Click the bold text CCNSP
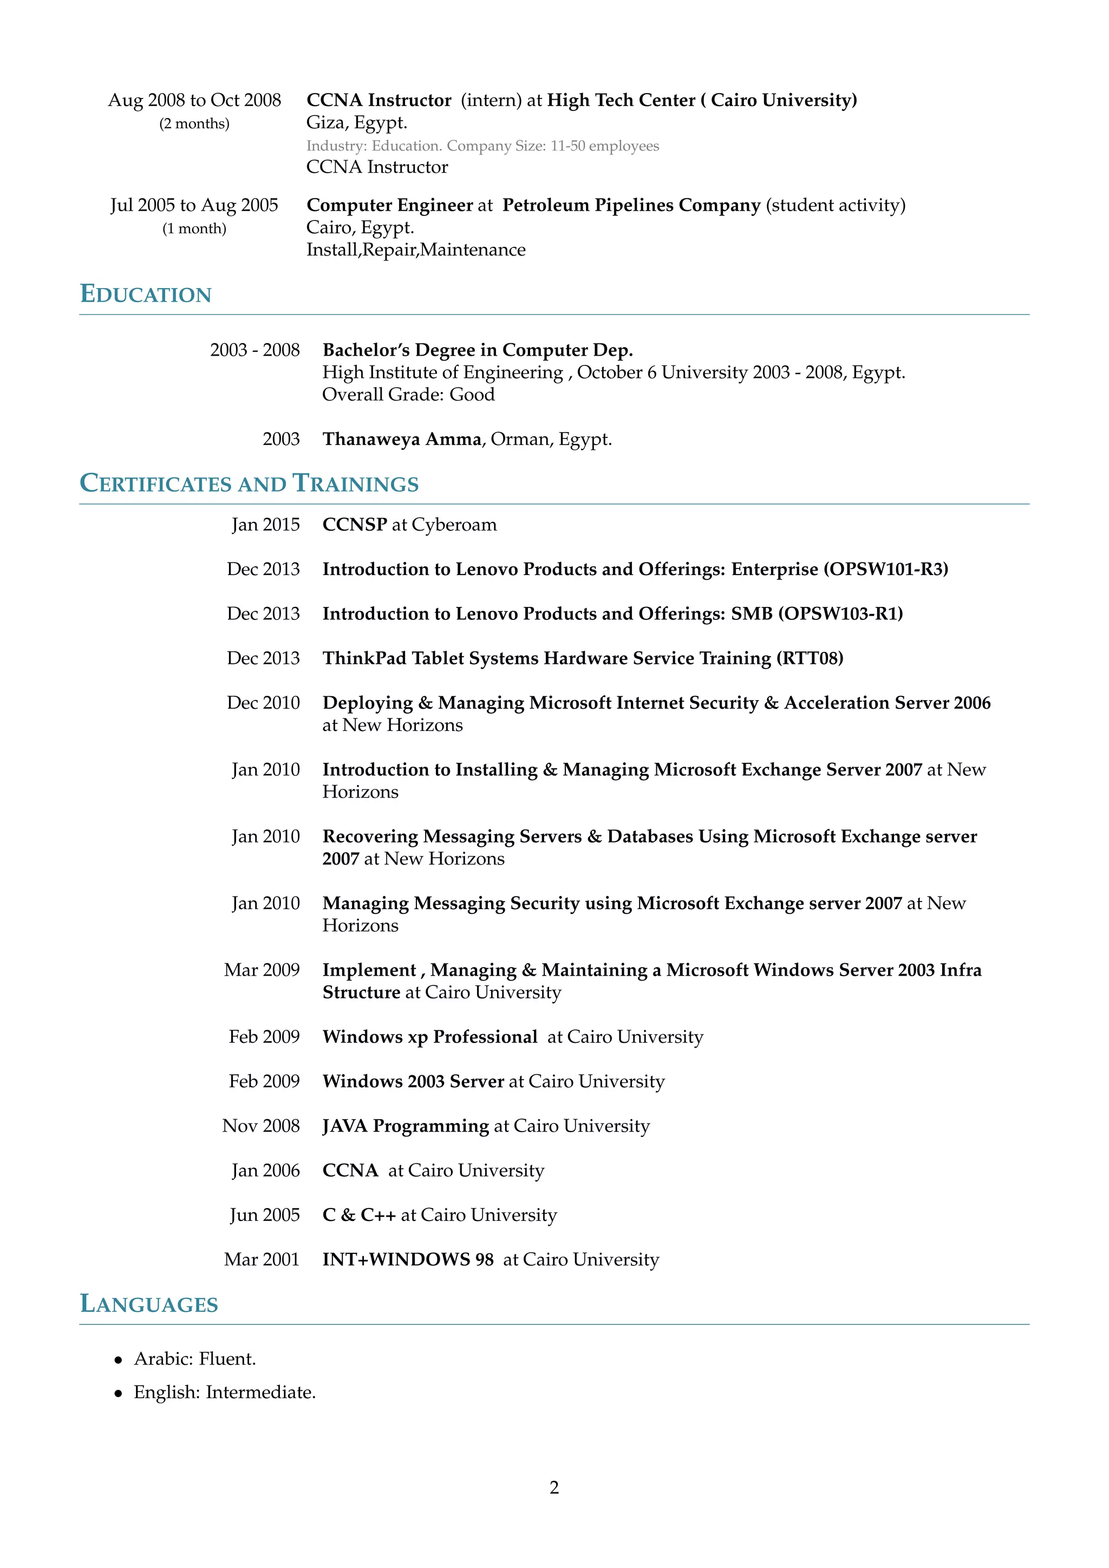pyautogui.click(x=355, y=525)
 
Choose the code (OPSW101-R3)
pyautogui.click(x=886, y=569)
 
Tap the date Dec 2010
pyautogui.click(x=263, y=703)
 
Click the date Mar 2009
pyautogui.click(x=262, y=970)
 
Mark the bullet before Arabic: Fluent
pyautogui.click(x=119, y=1360)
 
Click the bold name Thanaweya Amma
pyautogui.click(x=402, y=439)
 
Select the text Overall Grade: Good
pyautogui.click(x=408, y=394)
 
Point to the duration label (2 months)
pyautogui.click(x=194, y=123)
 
